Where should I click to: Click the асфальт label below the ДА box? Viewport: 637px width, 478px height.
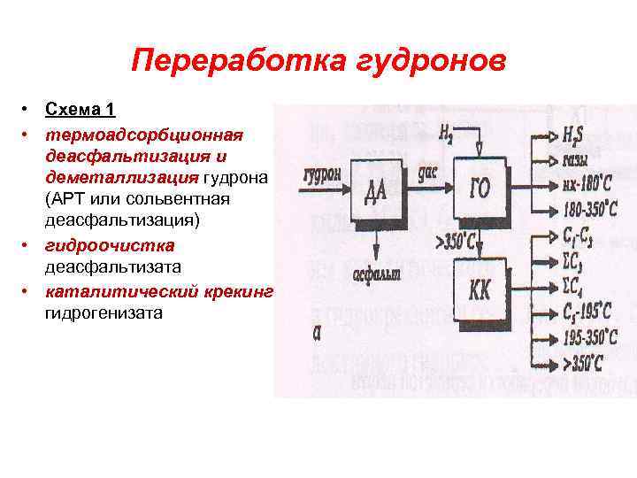click(377, 274)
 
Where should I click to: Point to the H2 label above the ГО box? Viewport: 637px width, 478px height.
click(448, 134)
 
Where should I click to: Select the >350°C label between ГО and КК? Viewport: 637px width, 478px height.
click(457, 240)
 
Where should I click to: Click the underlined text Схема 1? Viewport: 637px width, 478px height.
click(81, 110)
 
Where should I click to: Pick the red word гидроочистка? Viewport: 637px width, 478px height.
click(111, 245)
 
